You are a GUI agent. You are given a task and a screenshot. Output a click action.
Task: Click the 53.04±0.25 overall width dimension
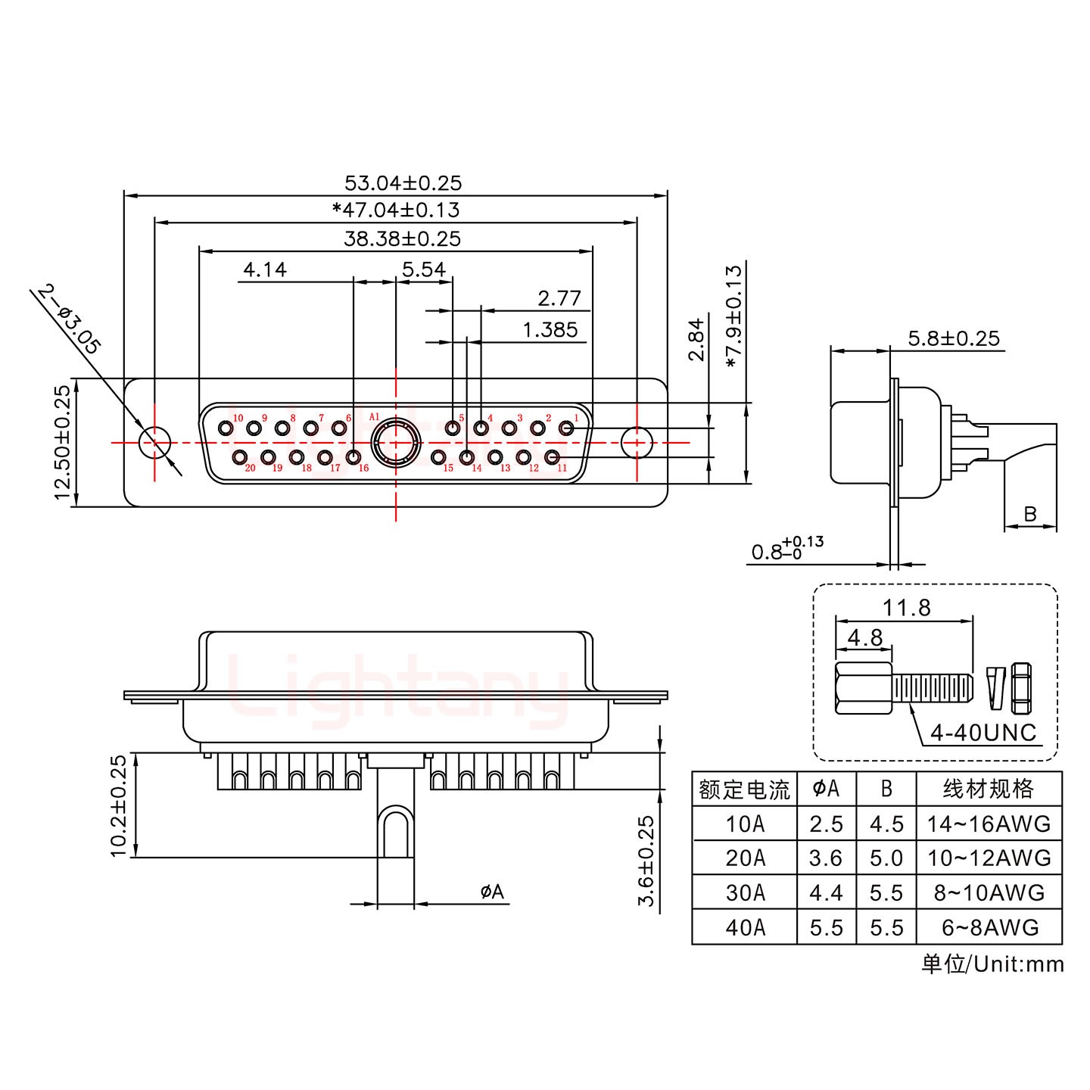(403, 183)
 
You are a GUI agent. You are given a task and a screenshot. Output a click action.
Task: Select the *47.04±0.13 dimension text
(396, 210)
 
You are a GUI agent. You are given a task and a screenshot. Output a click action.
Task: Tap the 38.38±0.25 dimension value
(402, 239)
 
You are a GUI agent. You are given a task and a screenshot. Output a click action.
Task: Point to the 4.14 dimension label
(265, 270)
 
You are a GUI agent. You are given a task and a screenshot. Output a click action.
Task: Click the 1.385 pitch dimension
(550, 330)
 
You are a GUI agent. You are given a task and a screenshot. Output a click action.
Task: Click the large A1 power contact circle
(395, 442)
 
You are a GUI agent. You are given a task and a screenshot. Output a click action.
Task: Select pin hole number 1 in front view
(565, 429)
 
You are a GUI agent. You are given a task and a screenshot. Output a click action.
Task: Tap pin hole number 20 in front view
(240, 457)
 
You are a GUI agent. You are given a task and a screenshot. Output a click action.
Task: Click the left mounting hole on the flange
(155, 442)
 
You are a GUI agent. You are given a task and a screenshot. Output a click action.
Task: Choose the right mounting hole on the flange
(637, 442)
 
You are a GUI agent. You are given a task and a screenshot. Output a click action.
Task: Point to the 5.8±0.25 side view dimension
(954, 338)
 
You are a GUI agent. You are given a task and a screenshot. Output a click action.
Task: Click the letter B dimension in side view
(1029, 515)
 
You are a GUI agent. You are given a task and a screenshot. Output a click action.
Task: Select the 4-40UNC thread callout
(983, 733)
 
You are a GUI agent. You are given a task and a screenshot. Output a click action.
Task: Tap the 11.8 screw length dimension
(906, 608)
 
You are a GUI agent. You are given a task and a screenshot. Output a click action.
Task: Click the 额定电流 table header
(744, 789)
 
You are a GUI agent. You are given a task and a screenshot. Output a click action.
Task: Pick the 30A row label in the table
(745, 893)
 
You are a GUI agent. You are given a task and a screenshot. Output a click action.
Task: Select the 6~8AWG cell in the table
(989, 927)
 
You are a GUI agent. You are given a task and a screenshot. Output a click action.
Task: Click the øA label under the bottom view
(492, 892)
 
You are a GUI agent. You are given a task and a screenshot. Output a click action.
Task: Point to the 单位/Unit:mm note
(992, 964)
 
